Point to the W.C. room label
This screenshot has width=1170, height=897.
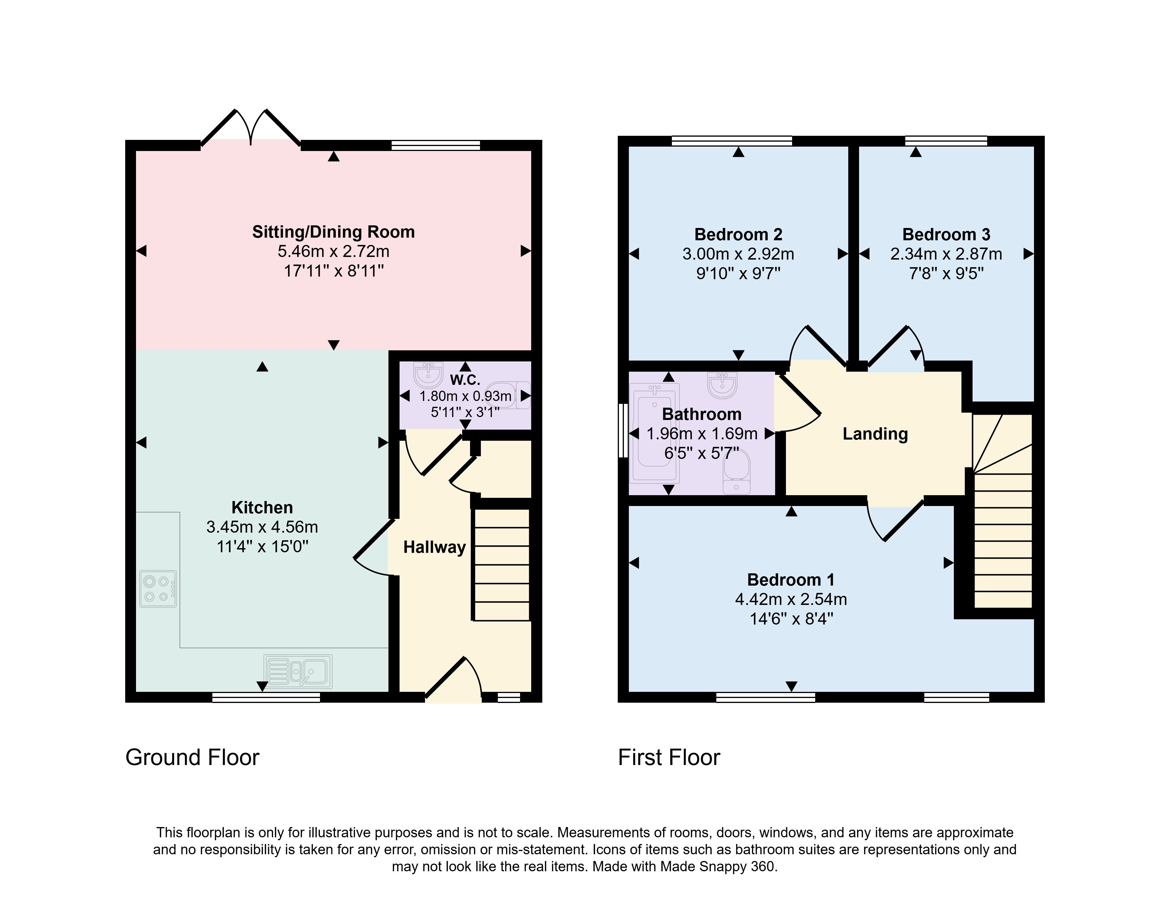click(x=465, y=380)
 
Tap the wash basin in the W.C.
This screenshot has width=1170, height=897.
click(x=429, y=375)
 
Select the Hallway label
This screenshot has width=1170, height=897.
click(x=434, y=547)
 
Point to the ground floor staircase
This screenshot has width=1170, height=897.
click(x=502, y=565)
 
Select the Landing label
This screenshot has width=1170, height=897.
click(x=875, y=434)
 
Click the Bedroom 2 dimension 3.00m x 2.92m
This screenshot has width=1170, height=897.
click(x=738, y=254)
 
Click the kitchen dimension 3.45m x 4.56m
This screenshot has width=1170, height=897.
click(x=262, y=527)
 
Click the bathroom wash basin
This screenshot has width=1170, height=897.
click(x=722, y=385)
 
